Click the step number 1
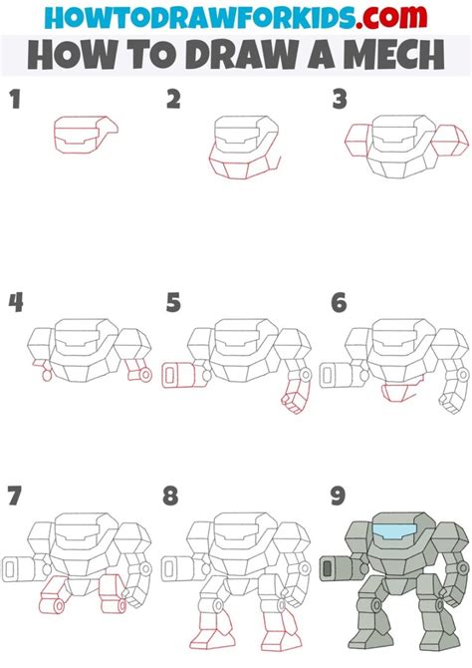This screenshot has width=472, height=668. (x=14, y=98)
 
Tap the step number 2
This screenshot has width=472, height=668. (x=173, y=98)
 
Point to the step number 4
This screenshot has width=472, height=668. (x=14, y=301)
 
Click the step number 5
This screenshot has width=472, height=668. (x=173, y=301)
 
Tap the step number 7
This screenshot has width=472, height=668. (x=14, y=495)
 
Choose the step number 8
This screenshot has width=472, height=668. (x=173, y=495)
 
